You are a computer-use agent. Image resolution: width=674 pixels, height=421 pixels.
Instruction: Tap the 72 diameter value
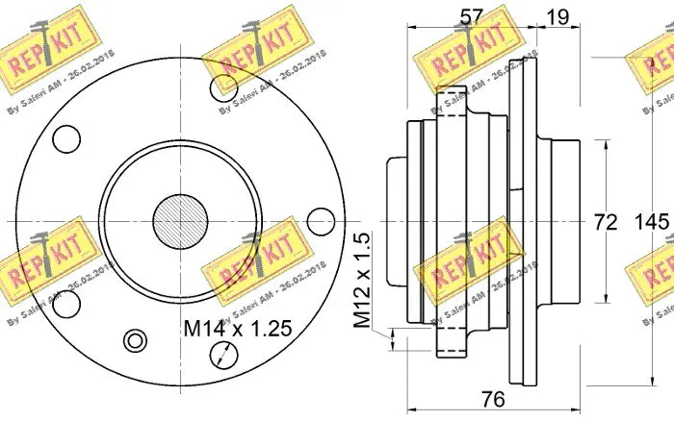point(605,222)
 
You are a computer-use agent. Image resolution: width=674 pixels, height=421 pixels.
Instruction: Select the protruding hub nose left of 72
point(563,220)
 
